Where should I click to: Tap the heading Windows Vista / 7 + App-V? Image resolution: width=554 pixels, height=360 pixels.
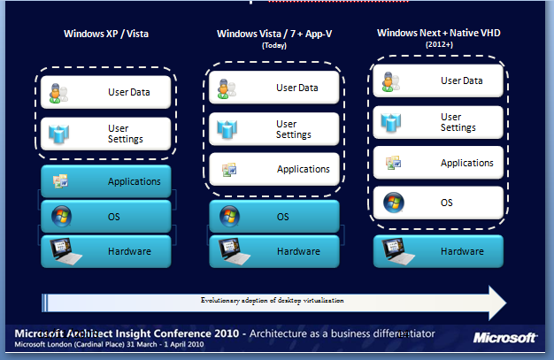tap(272, 34)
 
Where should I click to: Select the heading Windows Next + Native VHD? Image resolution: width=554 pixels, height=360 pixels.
tap(437, 33)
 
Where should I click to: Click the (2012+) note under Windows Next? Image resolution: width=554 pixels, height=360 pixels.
tap(438, 43)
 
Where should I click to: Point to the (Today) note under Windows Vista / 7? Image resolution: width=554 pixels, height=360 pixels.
tap(273, 44)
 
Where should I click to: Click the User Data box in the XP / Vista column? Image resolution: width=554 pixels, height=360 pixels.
tap(105, 91)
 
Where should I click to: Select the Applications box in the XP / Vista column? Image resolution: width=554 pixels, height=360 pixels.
tap(105, 181)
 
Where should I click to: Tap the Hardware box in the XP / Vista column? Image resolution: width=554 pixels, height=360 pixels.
tap(105, 251)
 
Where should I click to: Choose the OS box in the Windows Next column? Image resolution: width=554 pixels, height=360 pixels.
tap(438, 203)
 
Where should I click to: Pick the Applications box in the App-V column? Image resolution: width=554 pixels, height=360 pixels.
tap(274, 168)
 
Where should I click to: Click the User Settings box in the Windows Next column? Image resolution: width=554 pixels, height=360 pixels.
tap(438, 122)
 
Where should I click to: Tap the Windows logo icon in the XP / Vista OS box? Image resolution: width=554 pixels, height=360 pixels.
tap(61, 216)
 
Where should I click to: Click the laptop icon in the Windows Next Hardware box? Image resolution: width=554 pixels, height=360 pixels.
tap(394, 250)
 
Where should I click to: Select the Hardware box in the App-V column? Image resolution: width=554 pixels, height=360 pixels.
tap(274, 251)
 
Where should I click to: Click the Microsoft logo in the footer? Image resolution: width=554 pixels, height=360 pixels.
tap(504, 337)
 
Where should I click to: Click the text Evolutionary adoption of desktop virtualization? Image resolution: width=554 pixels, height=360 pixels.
tap(271, 301)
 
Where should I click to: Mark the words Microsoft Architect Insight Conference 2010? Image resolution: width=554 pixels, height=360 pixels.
tap(122, 333)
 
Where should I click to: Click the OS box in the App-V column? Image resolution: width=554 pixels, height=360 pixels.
tap(274, 216)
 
